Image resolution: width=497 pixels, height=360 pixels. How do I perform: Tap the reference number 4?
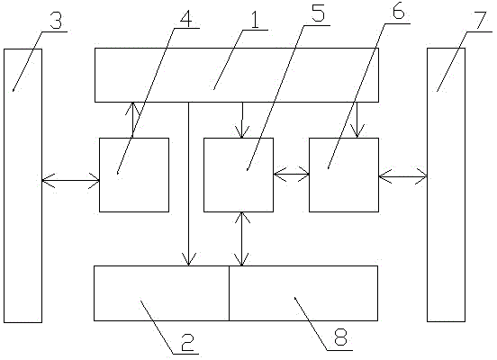(185, 18)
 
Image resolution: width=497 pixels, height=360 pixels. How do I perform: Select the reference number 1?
(255, 19)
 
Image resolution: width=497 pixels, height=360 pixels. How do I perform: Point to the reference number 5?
(318, 13)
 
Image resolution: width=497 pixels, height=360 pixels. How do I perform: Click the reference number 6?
(398, 12)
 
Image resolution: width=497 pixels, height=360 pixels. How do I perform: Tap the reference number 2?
(187, 343)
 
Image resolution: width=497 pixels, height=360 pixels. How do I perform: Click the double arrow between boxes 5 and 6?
(292, 174)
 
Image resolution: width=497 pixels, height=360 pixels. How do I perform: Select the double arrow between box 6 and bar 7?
(402, 176)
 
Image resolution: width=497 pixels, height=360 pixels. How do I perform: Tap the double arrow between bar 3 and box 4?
(71, 181)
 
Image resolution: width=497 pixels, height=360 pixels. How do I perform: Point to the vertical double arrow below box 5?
(242, 238)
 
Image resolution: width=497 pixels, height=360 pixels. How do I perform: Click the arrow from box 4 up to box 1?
(132, 120)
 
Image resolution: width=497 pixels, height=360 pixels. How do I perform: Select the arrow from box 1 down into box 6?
(357, 120)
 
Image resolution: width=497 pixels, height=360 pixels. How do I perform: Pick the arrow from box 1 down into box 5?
(242, 120)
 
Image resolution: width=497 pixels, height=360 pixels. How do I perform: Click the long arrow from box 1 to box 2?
(188, 184)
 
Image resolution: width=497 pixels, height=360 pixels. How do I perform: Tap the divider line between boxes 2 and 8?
(230, 293)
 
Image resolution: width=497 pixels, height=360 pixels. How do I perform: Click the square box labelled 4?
(134, 175)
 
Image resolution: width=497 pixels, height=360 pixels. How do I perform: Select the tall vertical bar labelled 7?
(447, 185)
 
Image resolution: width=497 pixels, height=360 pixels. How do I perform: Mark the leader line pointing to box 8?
(311, 324)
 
